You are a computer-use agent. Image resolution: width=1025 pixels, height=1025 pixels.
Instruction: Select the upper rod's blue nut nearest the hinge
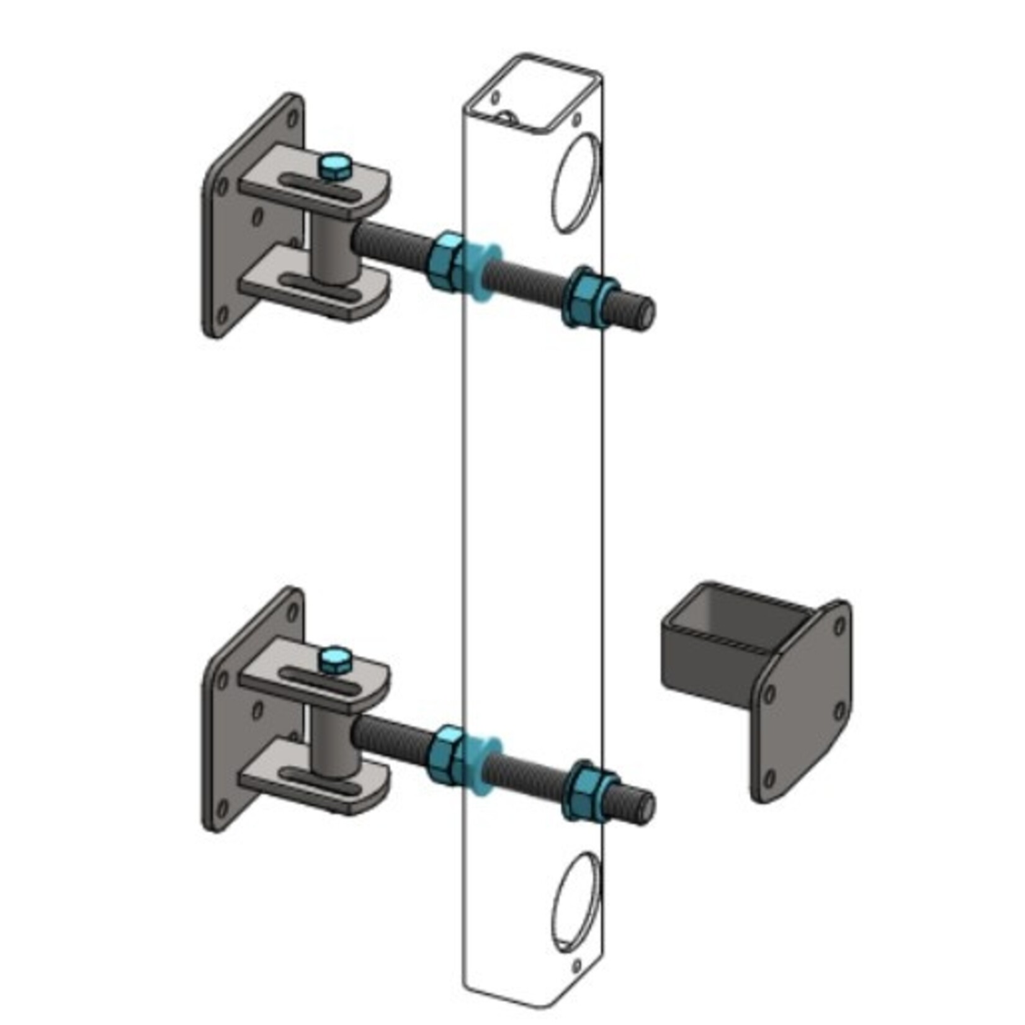[445, 261]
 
